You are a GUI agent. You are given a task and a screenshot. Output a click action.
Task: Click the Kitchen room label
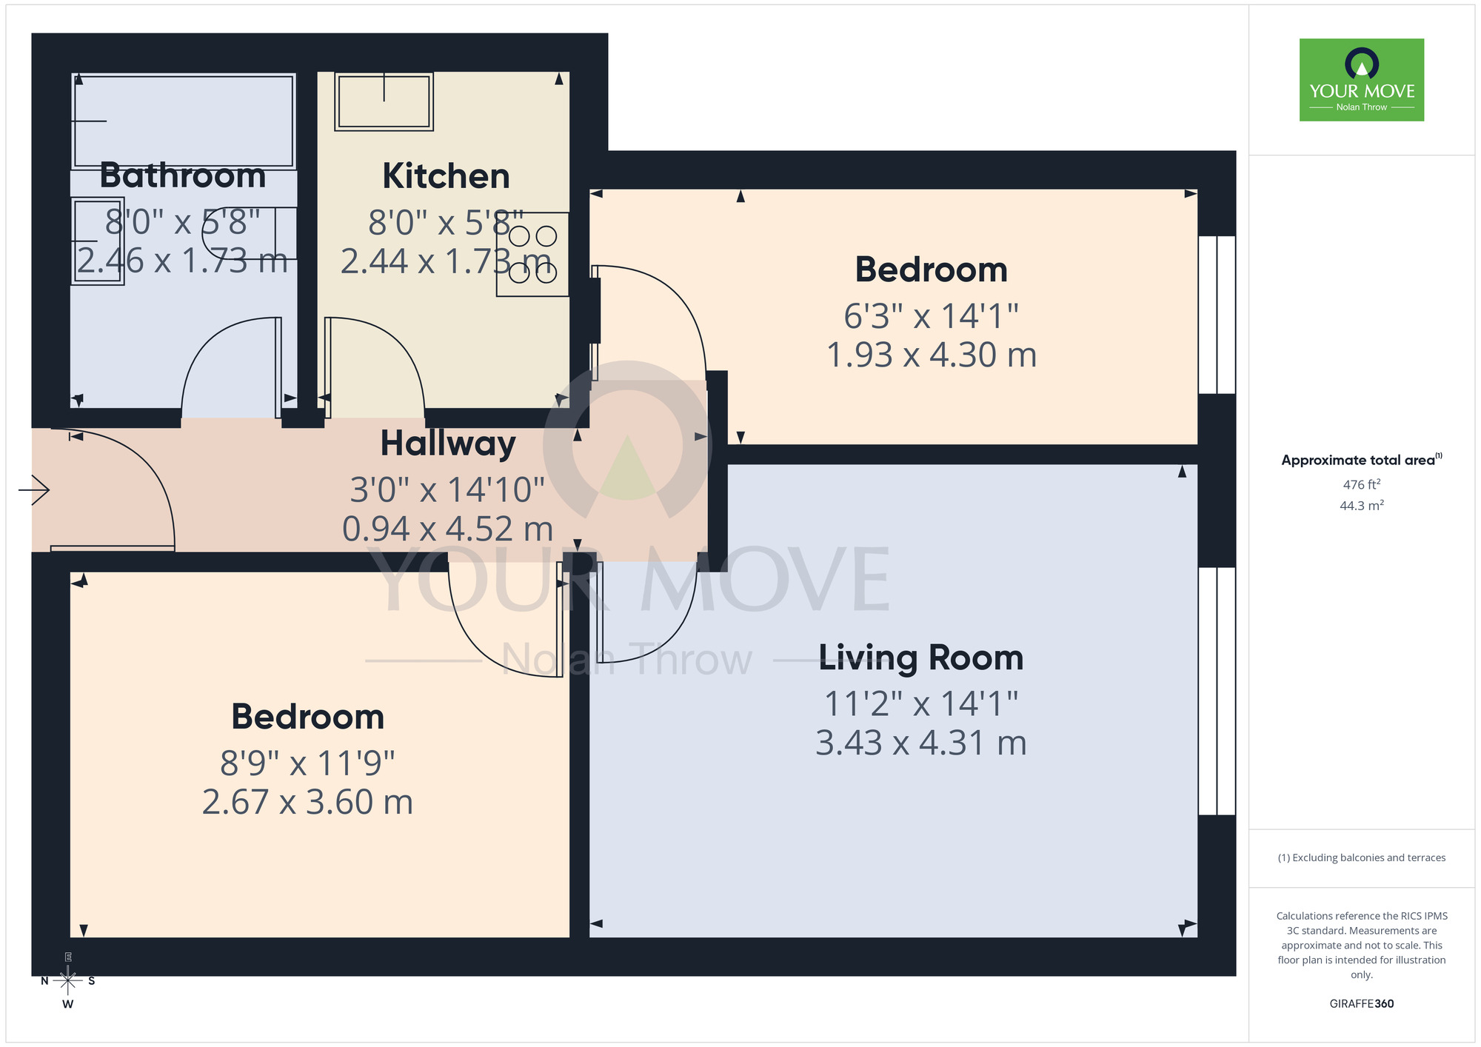446,176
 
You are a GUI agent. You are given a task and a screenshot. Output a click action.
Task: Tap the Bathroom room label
183,175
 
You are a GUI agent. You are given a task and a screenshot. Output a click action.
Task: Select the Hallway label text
448,444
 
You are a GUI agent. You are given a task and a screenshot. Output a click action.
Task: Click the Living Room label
920,658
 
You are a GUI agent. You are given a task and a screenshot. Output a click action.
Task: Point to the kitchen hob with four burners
532,255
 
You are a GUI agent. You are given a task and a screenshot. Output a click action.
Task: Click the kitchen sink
384,102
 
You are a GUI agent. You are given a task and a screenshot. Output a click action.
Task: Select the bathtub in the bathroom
184,121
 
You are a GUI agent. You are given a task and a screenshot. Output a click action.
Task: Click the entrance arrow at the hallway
34,489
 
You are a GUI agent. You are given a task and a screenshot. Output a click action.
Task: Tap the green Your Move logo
1361,80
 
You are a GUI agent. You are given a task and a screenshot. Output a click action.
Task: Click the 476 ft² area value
1361,484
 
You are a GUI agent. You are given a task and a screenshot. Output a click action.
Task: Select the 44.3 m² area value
1361,506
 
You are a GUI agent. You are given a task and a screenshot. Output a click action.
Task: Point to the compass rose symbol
67,981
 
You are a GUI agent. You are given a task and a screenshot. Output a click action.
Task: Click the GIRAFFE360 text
1361,1004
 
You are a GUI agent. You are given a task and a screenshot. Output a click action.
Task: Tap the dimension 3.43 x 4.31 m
920,743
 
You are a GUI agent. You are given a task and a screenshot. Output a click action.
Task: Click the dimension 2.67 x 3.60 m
307,802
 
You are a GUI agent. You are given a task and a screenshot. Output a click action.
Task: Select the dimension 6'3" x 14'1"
931,316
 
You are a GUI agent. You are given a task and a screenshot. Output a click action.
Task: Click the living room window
1217,691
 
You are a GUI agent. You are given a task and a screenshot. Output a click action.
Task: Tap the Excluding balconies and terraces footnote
1361,857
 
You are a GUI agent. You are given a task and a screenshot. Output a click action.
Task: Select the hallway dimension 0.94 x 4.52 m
448,529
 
